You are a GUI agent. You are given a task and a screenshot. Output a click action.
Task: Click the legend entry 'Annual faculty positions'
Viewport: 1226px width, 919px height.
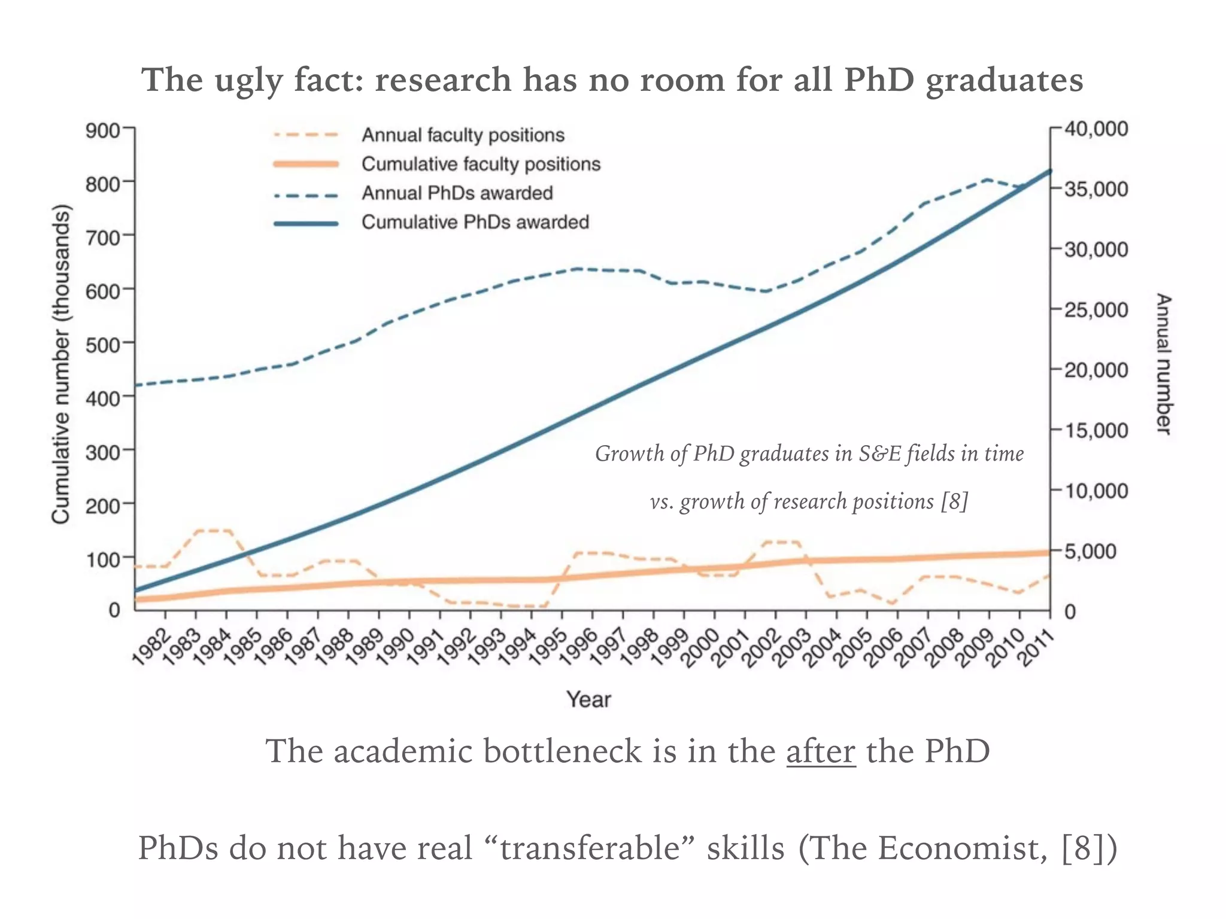(x=463, y=135)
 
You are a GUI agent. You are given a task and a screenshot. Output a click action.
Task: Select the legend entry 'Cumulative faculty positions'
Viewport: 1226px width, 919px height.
(x=481, y=164)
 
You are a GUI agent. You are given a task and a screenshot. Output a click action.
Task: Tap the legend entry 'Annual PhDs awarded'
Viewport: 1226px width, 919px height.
(x=457, y=193)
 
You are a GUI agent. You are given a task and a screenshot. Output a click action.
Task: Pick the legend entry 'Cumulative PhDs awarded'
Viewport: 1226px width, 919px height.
(x=475, y=222)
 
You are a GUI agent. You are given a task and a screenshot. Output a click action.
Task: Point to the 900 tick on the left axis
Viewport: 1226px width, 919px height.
(x=102, y=129)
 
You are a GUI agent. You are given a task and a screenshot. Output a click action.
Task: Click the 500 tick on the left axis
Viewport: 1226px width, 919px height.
(x=102, y=343)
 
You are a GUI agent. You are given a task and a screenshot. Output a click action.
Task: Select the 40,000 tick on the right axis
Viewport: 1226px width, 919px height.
(x=1095, y=129)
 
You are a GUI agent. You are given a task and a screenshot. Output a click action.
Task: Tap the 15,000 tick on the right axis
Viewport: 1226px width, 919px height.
(x=1095, y=430)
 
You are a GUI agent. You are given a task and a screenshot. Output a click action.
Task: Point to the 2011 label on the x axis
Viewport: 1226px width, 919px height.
(x=1036, y=646)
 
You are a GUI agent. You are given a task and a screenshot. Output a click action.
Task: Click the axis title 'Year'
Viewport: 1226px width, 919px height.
(x=588, y=699)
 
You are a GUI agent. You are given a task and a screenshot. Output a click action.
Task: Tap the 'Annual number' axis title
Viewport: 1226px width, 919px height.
(x=1163, y=364)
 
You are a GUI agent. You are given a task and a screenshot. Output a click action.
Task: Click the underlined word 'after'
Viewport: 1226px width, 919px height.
(x=821, y=751)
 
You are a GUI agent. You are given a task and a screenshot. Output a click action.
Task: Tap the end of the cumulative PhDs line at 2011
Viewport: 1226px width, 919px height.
(x=1049, y=171)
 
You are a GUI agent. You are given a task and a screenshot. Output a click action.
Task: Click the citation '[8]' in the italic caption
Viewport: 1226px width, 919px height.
(x=954, y=501)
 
